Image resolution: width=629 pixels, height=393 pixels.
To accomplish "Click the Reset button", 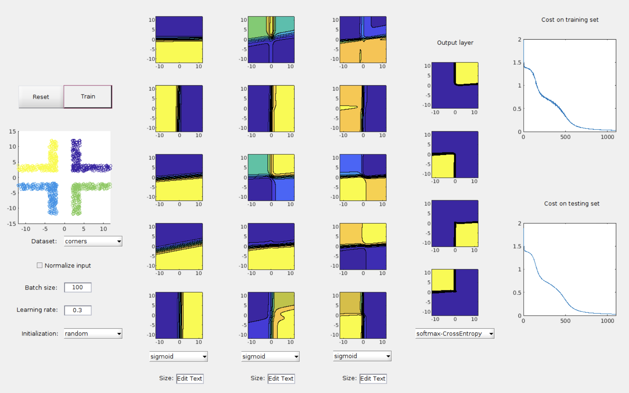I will click(41, 97).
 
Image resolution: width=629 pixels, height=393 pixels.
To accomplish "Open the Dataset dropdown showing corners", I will click(93, 241).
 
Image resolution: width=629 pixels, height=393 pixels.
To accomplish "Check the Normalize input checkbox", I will click(40, 265).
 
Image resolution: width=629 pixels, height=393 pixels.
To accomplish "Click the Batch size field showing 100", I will click(78, 287).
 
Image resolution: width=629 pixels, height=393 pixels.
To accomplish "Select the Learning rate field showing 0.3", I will click(78, 310).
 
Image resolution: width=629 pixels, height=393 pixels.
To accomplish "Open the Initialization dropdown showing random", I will click(93, 334).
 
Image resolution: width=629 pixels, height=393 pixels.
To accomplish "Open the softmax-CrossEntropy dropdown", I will click(455, 334).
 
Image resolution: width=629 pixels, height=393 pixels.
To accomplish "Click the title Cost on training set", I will click(570, 20).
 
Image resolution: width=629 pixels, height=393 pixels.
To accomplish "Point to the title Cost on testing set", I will click(571, 204).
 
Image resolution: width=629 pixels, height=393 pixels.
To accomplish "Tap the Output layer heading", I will click(455, 43).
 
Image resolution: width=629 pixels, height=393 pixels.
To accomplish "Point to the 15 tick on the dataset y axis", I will click(13, 131).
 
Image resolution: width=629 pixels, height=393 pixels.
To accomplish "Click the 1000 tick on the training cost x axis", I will click(607, 137).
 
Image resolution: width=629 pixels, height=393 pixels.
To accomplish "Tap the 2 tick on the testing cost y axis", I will click(520, 223).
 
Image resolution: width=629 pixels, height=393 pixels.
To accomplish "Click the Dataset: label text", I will click(44, 241).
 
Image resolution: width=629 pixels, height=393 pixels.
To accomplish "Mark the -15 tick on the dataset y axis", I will click(12, 224).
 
